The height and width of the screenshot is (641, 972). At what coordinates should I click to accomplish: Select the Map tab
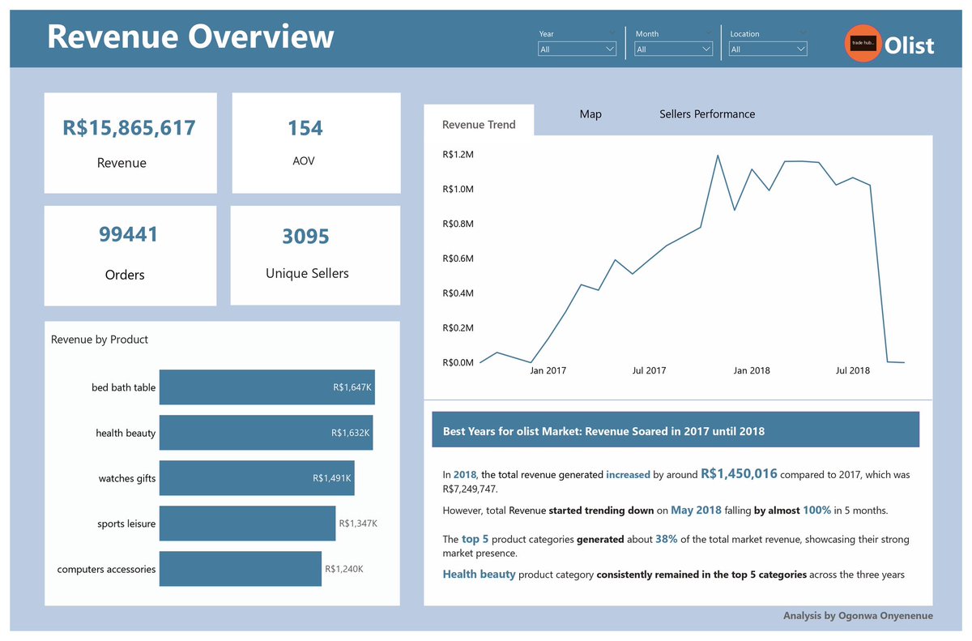point(590,114)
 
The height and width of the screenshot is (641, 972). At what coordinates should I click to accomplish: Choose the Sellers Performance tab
point(706,114)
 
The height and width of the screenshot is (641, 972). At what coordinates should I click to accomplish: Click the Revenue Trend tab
point(479,125)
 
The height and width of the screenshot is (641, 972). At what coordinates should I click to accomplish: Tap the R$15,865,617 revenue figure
point(130,128)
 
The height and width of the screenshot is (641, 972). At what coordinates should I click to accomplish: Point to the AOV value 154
point(305,128)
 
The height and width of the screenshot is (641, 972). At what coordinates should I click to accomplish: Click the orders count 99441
point(129,235)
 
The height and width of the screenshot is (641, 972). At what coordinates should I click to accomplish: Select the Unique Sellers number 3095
point(305,237)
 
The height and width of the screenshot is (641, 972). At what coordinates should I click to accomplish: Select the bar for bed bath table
point(266,387)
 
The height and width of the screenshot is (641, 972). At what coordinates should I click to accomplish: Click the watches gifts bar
point(256,478)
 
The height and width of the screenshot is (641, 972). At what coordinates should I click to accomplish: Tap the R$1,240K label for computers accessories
point(343,569)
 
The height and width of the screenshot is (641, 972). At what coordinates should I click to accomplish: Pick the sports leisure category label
point(126,523)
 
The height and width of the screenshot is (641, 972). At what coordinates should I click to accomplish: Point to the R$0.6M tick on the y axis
point(458,259)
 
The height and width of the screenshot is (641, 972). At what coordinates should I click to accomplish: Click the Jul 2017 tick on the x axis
point(649,370)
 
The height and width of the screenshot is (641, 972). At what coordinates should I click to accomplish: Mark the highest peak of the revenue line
point(718,155)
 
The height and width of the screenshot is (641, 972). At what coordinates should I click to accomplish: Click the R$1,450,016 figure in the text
point(739,474)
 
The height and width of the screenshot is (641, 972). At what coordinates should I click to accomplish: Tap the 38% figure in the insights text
point(667,539)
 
